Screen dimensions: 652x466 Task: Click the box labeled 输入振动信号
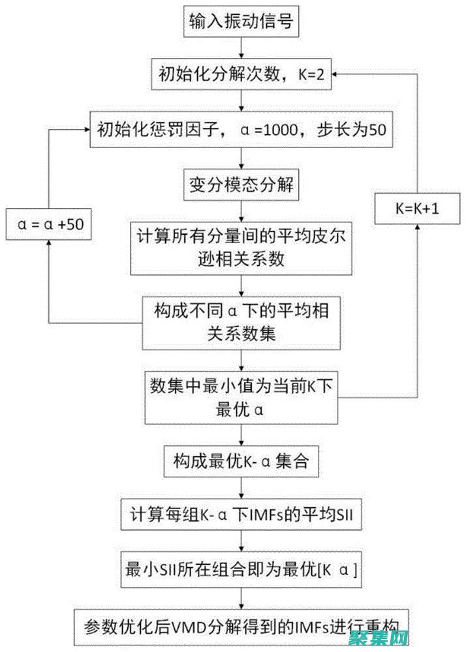[x=243, y=22]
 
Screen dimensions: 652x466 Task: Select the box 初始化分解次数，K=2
[x=243, y=74]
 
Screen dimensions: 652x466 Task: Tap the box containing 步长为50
[x=243, y=129]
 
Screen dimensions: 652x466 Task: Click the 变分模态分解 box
[x=243, y=185]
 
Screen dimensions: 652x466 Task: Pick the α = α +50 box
[x=50, y=224]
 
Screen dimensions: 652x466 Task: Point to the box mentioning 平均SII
[x=243, y=516]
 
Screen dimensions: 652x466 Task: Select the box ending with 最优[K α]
[x=243, y=569]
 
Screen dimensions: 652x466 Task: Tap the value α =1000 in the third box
[x=277, y=129]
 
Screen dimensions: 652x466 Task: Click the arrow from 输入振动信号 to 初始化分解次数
[x=243, y=47]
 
